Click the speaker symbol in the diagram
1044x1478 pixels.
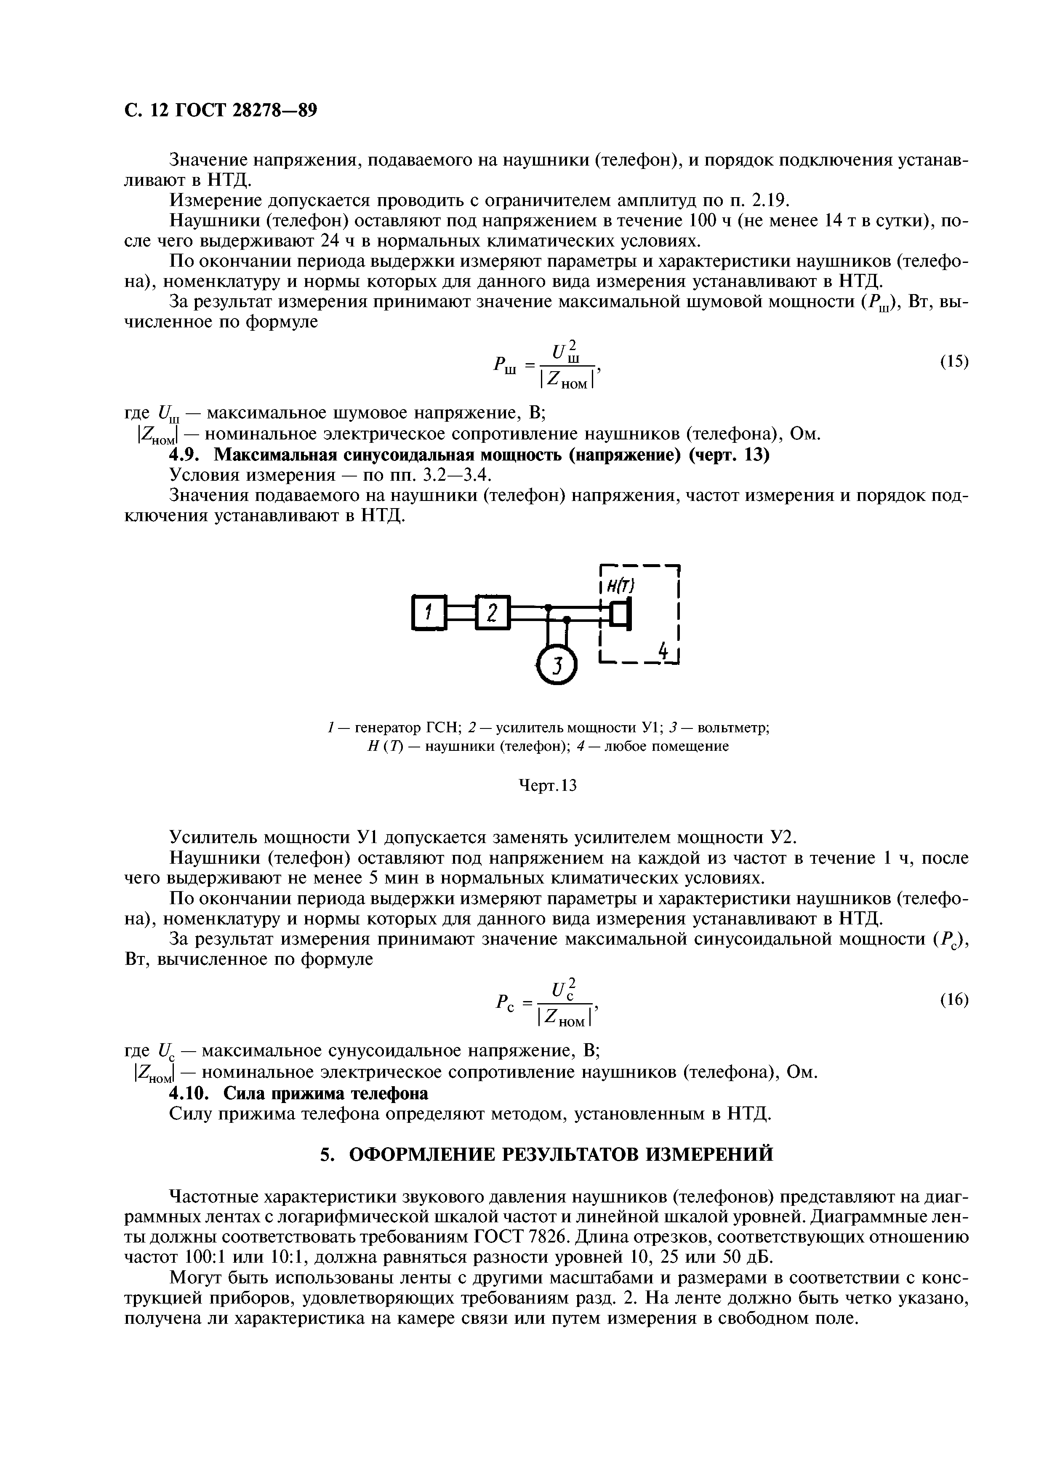click(620, 613)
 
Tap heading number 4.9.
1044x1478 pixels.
click(186, 455)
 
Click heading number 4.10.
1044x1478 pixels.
click(190, 1094)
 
